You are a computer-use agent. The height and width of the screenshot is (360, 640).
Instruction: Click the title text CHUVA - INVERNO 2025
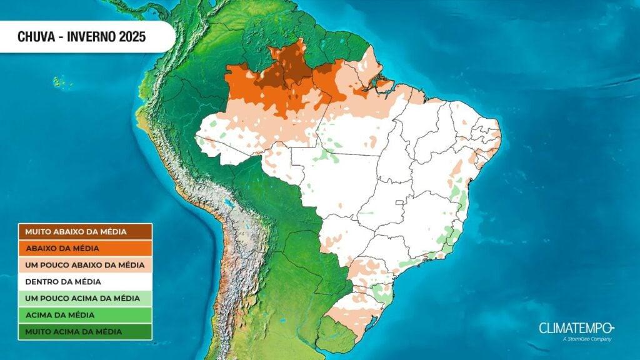(x=81, y=37)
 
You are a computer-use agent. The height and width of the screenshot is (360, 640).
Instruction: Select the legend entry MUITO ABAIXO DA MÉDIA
(x=76, y=232)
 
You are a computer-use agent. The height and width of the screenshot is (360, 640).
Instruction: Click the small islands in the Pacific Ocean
(x=60, y=82)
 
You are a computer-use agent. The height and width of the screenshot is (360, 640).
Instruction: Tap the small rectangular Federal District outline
(x=401, y=202)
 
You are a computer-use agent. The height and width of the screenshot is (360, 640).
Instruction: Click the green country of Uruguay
(x=336, y=334)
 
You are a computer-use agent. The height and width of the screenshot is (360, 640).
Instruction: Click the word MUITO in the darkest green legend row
(x=36, y=331)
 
